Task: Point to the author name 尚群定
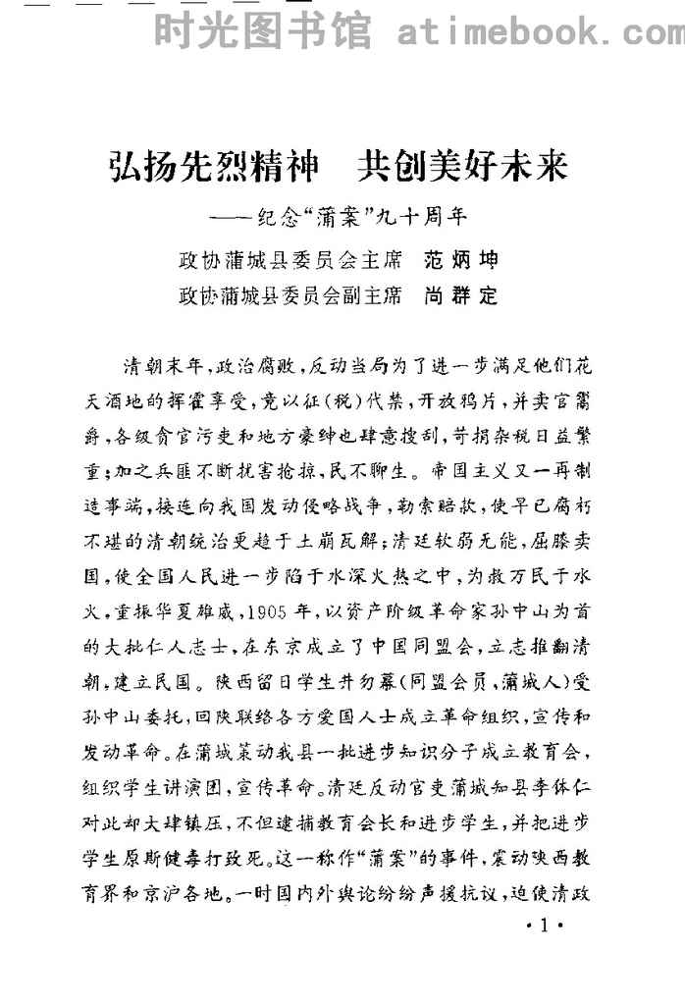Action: (x=460, y=294)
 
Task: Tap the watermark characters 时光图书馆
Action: (x=262, y=32)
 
